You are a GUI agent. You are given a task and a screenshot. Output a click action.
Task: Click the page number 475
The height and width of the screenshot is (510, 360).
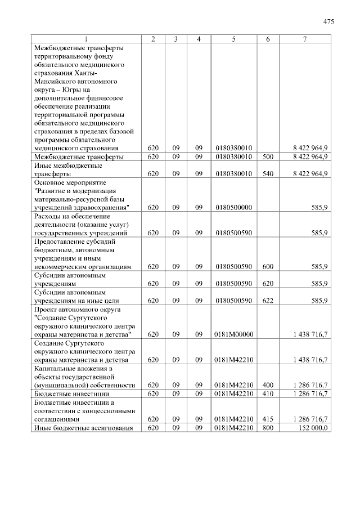[x=328, y=22]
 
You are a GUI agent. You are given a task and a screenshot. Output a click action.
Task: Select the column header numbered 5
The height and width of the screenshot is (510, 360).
[x=233, y=39]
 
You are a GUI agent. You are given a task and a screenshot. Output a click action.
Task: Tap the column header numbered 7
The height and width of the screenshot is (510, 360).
[x=305, y=39]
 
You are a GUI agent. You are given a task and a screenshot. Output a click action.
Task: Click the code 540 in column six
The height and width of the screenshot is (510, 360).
[x=268, y=174]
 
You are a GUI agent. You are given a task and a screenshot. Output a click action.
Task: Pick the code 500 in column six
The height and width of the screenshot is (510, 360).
[x=268, y=156]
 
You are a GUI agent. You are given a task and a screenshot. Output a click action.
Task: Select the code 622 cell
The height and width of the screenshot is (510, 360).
[x=268, y=301]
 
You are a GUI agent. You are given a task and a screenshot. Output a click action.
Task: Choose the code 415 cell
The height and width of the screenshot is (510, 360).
[x=268, y=419]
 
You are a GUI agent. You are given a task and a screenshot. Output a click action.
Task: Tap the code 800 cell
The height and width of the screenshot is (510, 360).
[x=268, y=428]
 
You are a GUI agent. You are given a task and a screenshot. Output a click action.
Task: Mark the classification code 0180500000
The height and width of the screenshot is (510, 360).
[x=233, y=207]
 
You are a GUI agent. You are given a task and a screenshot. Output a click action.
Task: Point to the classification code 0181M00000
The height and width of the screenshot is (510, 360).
[x=233, y=334]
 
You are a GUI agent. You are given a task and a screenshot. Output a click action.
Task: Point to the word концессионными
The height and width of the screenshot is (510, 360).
[x=110, y=410]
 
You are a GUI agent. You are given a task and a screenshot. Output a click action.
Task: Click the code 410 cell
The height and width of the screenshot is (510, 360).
[x=268, y=393]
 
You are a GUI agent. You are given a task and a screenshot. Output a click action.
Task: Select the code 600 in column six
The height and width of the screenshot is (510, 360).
[x=268, y=267]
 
